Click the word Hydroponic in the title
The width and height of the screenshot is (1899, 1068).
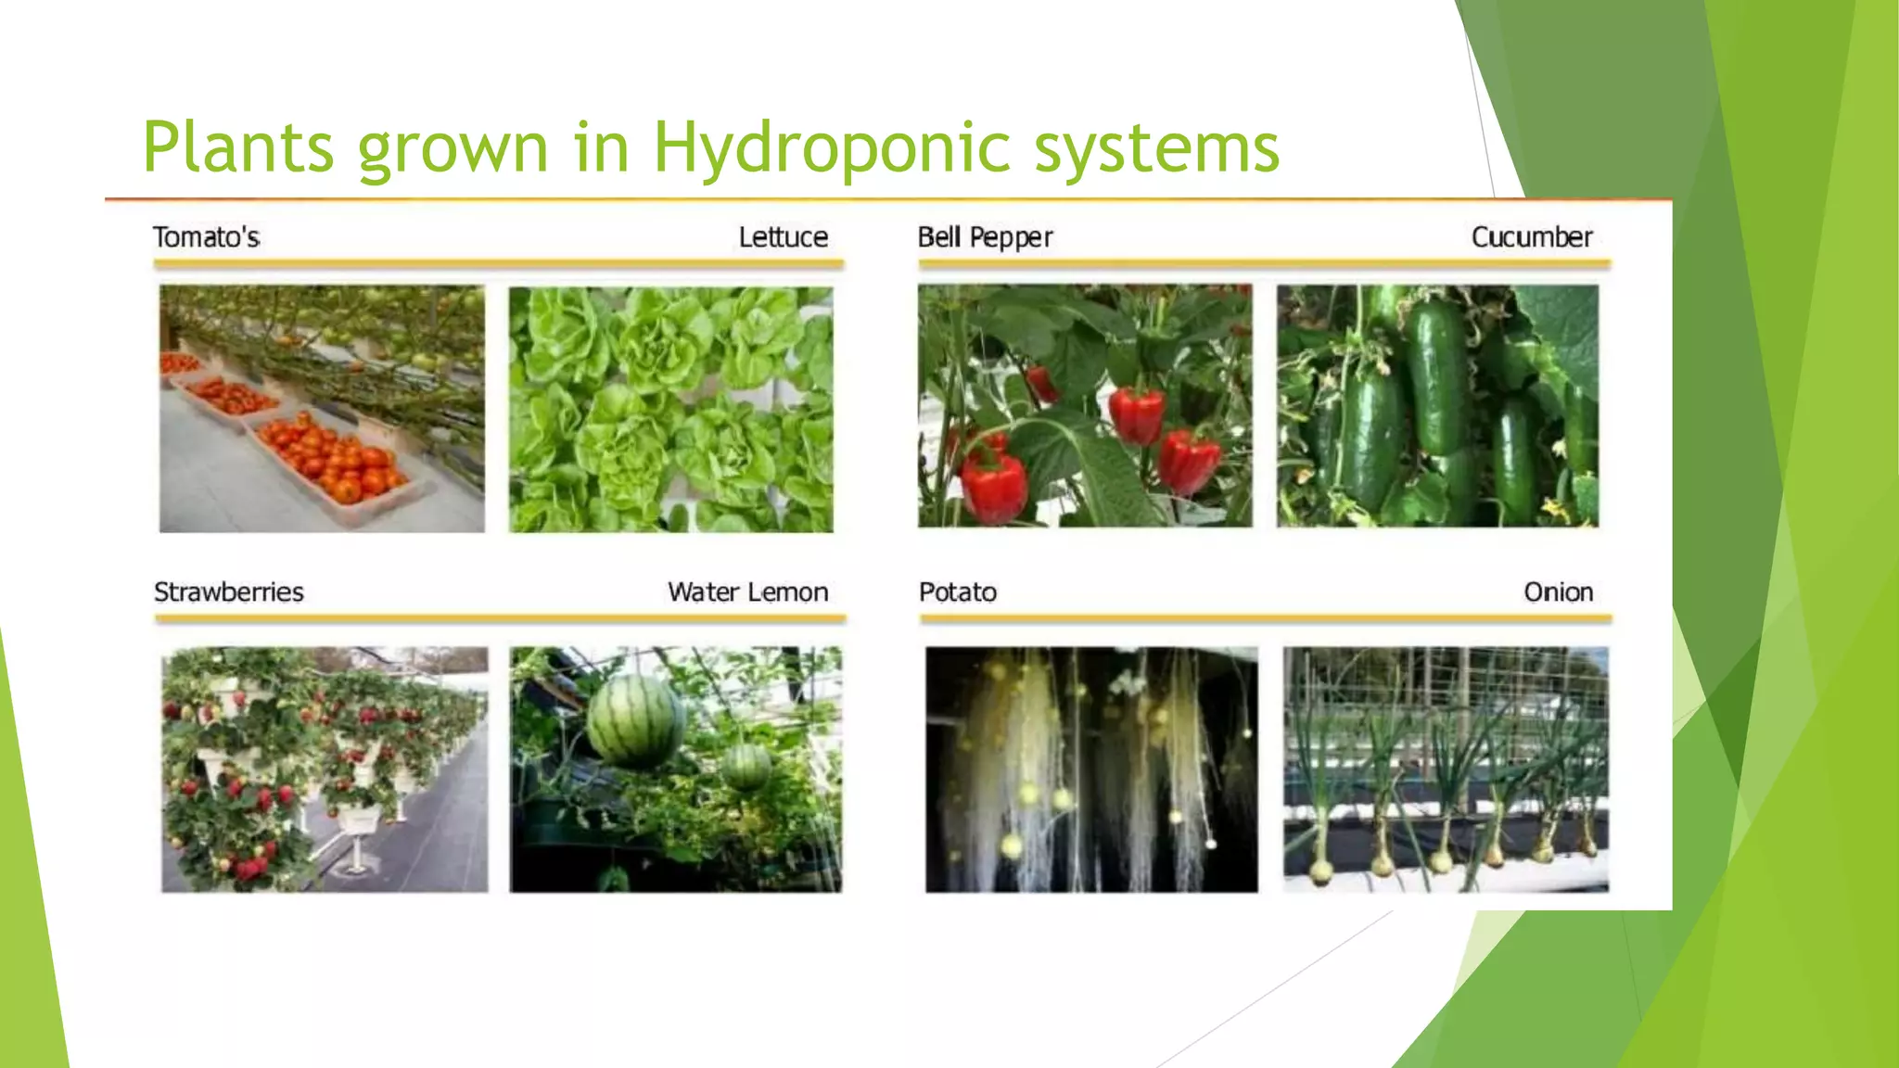click(831, 148)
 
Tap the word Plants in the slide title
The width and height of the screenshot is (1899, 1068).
click(237, 148)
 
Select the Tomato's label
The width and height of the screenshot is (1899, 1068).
click(206, 237)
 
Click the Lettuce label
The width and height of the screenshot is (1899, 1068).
click(783, 237)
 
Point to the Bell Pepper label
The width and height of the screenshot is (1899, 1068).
click(985, 237)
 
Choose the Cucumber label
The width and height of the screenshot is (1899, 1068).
click(1532, 237)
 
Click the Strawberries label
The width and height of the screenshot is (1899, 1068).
click(229, 591)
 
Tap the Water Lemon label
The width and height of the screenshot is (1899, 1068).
click(747, 591)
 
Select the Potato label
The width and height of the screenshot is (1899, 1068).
click(958, 591)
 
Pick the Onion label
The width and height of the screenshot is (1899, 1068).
click(1558, 591)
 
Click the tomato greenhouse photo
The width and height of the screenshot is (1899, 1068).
click(322, 408)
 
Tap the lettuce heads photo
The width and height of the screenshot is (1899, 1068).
click(670, 409)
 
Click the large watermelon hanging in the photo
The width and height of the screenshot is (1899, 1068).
click(635, 720)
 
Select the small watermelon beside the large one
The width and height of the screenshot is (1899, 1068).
click(747, 766)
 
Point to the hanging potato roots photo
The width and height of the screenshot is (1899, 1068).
click(1091, 769)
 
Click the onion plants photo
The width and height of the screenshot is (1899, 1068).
click(1446, 769)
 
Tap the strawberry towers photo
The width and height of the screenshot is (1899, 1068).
click(325, 769)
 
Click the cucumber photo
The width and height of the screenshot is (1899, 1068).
click(1437, 406)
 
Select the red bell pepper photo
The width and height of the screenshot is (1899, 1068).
click(1085, 406)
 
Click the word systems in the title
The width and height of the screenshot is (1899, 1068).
click(1156, 148)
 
